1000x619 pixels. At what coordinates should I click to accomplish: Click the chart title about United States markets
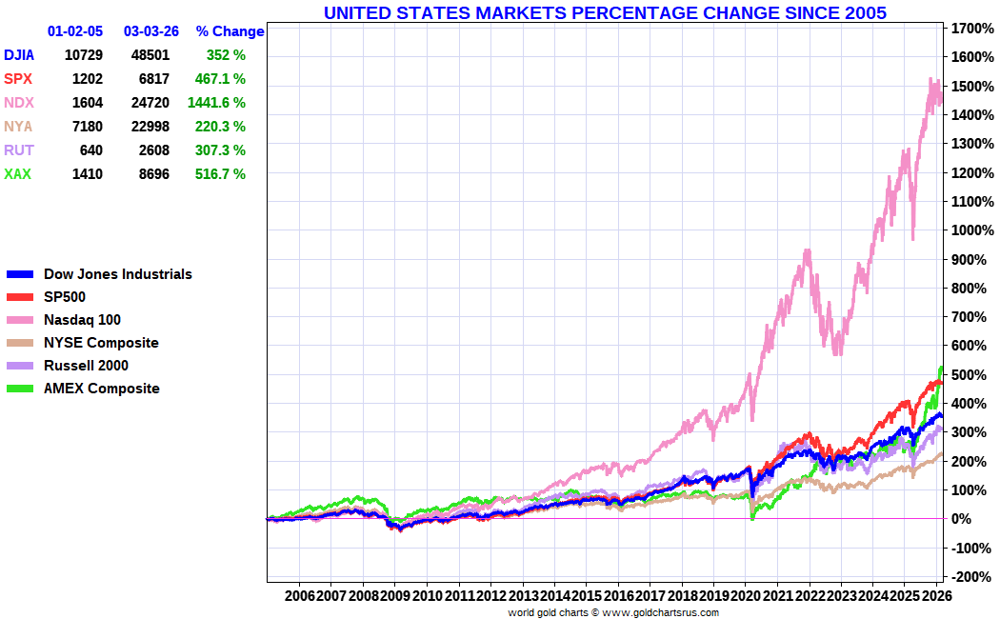pyautogui.click(x=605, y=12)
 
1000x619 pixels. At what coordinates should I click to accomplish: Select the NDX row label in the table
pyautogui.click(x=18, y=103)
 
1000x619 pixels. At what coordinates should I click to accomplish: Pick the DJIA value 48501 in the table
pyautogui.click(x=150, y=55)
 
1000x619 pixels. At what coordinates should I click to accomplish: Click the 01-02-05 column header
pyautogui.click(x=75, y=31)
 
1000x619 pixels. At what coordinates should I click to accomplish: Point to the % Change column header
pyautogui.click(x=230, y=31)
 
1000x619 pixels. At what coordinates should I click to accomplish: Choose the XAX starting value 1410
pyautogui.click(x=87, y=174)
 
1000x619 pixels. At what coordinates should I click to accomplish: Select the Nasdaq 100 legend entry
pyautogui.click(x=82, y=320)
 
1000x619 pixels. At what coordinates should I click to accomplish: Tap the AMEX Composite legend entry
pyautogui.click(x=101, y=389)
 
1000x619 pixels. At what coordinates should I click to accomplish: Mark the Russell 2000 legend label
pyautogui.click(x=86, y=366)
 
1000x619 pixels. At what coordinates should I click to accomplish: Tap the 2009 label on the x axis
pyautogui.click(x=394, y=595)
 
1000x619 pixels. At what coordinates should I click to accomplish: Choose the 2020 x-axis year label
pyautogui.click(x=746, y=595)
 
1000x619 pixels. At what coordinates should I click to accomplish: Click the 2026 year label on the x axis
pyautogui.click(x=936, y=595)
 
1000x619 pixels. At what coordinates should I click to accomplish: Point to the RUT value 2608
pyautogui.click(x=150, y=150)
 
